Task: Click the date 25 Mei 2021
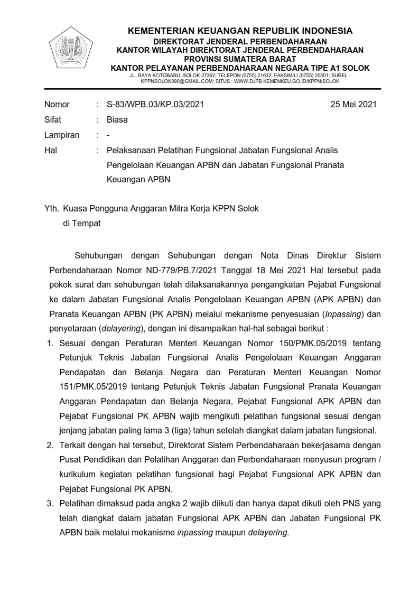coord(353,104)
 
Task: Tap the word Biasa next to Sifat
coord(117,119)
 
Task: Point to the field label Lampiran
coord(62,135)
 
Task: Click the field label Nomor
coord(57,104)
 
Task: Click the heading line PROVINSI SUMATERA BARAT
coord(240,59)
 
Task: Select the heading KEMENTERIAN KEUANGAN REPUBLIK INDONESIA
coord(240,31)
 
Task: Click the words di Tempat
coord(82,223)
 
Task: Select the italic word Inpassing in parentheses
coord(345,313)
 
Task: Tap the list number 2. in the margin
coord(51,445)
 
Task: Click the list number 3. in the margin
coord(51,503)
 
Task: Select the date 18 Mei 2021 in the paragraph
coord(249,270)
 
